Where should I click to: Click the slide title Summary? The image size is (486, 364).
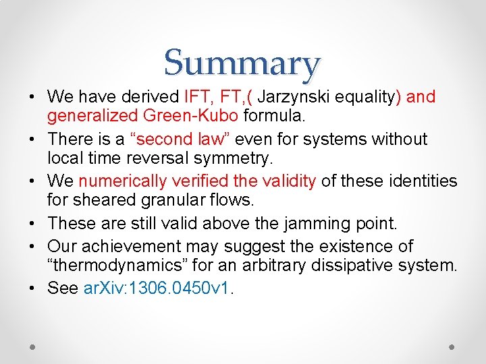[242, 63]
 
